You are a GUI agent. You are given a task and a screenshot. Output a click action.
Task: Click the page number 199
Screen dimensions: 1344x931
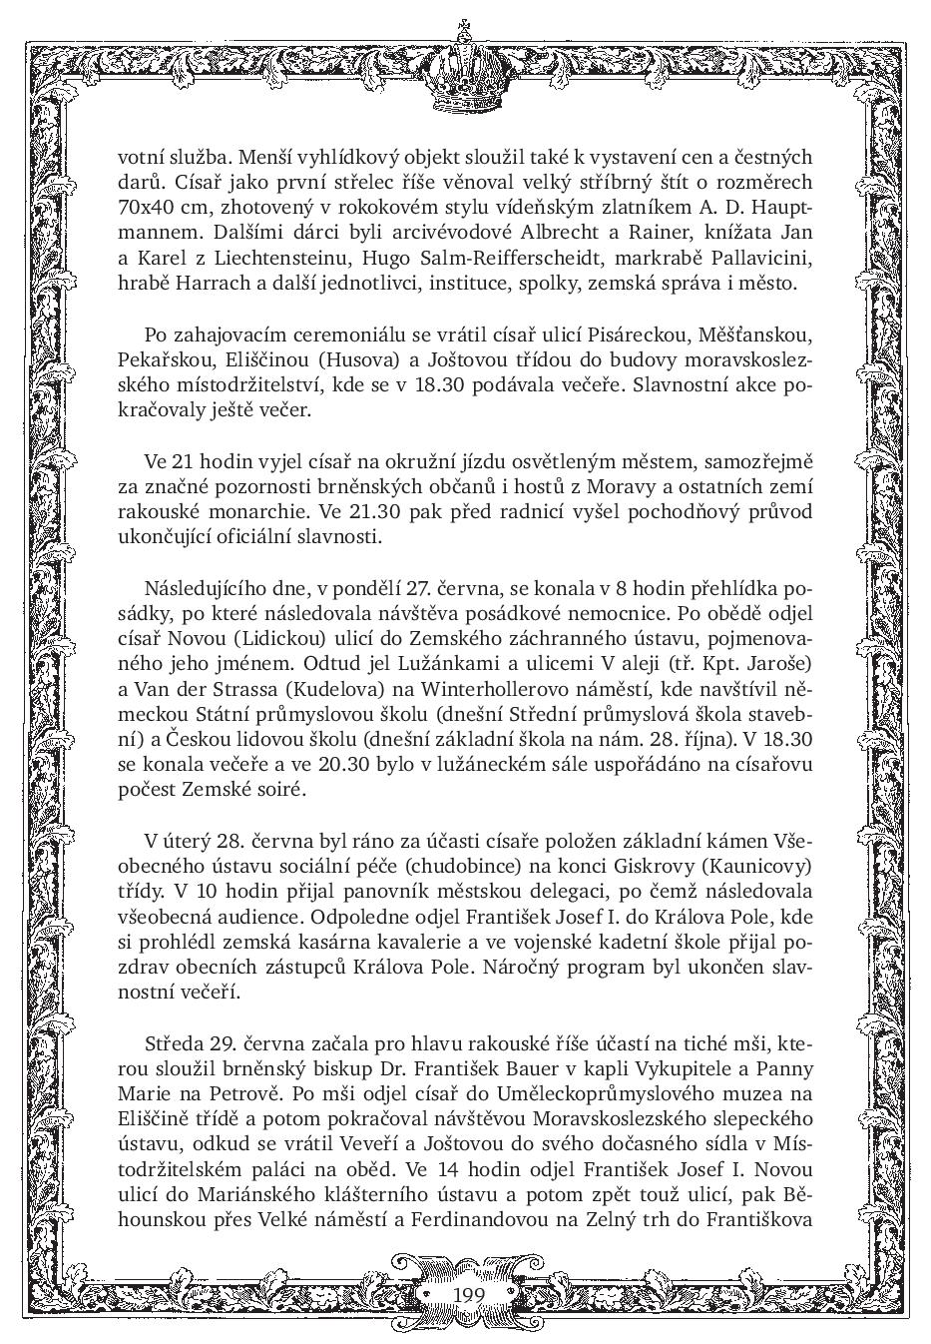click(x=467, y=1294)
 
